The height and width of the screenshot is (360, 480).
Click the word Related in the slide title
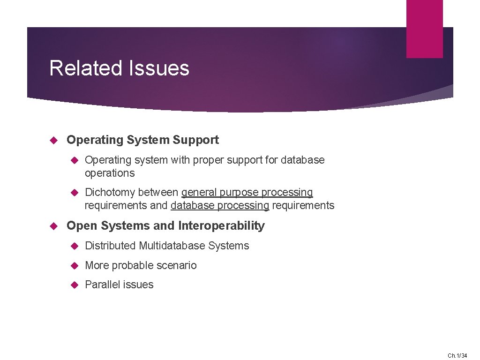coord(85,68)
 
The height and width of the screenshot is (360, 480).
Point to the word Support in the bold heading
coord(195,140)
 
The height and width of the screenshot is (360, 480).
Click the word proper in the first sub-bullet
coord(208,160)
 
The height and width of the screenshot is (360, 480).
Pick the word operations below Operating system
coord(110,173)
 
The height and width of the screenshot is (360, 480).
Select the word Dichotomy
coord(110,193)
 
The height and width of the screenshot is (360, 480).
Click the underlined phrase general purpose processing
coord(247,193)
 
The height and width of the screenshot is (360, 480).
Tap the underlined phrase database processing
coord(220,206)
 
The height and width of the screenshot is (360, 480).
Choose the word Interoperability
coord(221,226)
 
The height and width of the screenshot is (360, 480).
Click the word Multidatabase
coord(172,246)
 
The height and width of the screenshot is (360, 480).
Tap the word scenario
coord(177,266)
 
